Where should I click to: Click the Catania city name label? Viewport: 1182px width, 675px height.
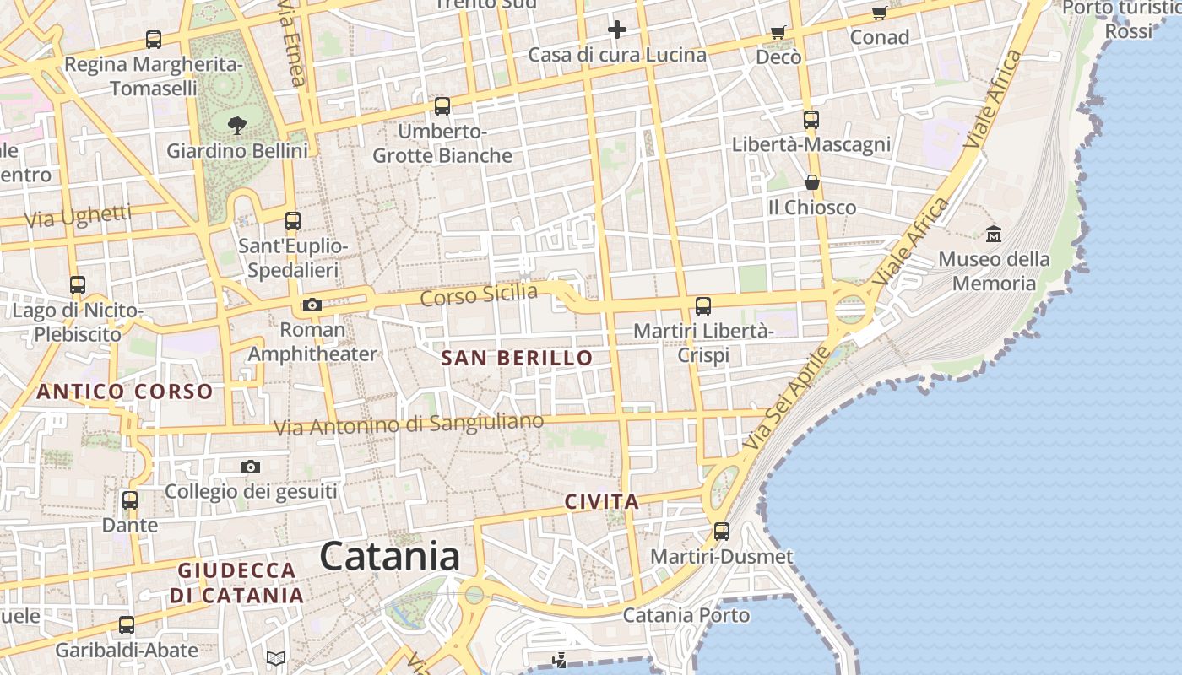tap(390, 557)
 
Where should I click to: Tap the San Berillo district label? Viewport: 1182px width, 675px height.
tap(517, 358)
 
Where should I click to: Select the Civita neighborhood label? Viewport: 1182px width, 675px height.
tap(601, 502)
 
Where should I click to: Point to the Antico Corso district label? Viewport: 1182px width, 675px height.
tap(125, 391)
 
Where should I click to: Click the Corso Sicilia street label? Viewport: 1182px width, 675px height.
tap(479, 295)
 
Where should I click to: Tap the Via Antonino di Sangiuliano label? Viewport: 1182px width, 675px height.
tap(409, 424)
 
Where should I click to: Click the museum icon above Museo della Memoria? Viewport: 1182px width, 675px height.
tap(994, 234)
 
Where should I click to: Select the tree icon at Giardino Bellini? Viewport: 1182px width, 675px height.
tap(236, 126)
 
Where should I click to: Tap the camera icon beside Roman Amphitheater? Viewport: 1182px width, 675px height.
tap(312, 305)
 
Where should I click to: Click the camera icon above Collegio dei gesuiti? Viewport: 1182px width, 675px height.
tap(251, 467)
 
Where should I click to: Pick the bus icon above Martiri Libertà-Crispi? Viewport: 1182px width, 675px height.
tap(703, 306)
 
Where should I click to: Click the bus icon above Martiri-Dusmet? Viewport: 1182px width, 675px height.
tap(722, 532)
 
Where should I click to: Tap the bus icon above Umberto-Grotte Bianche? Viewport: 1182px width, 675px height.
tap(442, 106)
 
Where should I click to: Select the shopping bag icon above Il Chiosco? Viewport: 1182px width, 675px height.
tap(812, 182)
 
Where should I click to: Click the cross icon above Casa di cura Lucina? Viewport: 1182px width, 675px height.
tap(617, 30)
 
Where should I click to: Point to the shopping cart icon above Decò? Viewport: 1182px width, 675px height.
tap(778, 33)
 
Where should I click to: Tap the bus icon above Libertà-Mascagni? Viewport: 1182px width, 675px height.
tap(811, 120)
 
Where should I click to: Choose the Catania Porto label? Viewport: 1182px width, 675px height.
tap(686, 615)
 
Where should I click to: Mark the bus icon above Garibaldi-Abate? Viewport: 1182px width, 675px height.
tap(127, 625)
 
